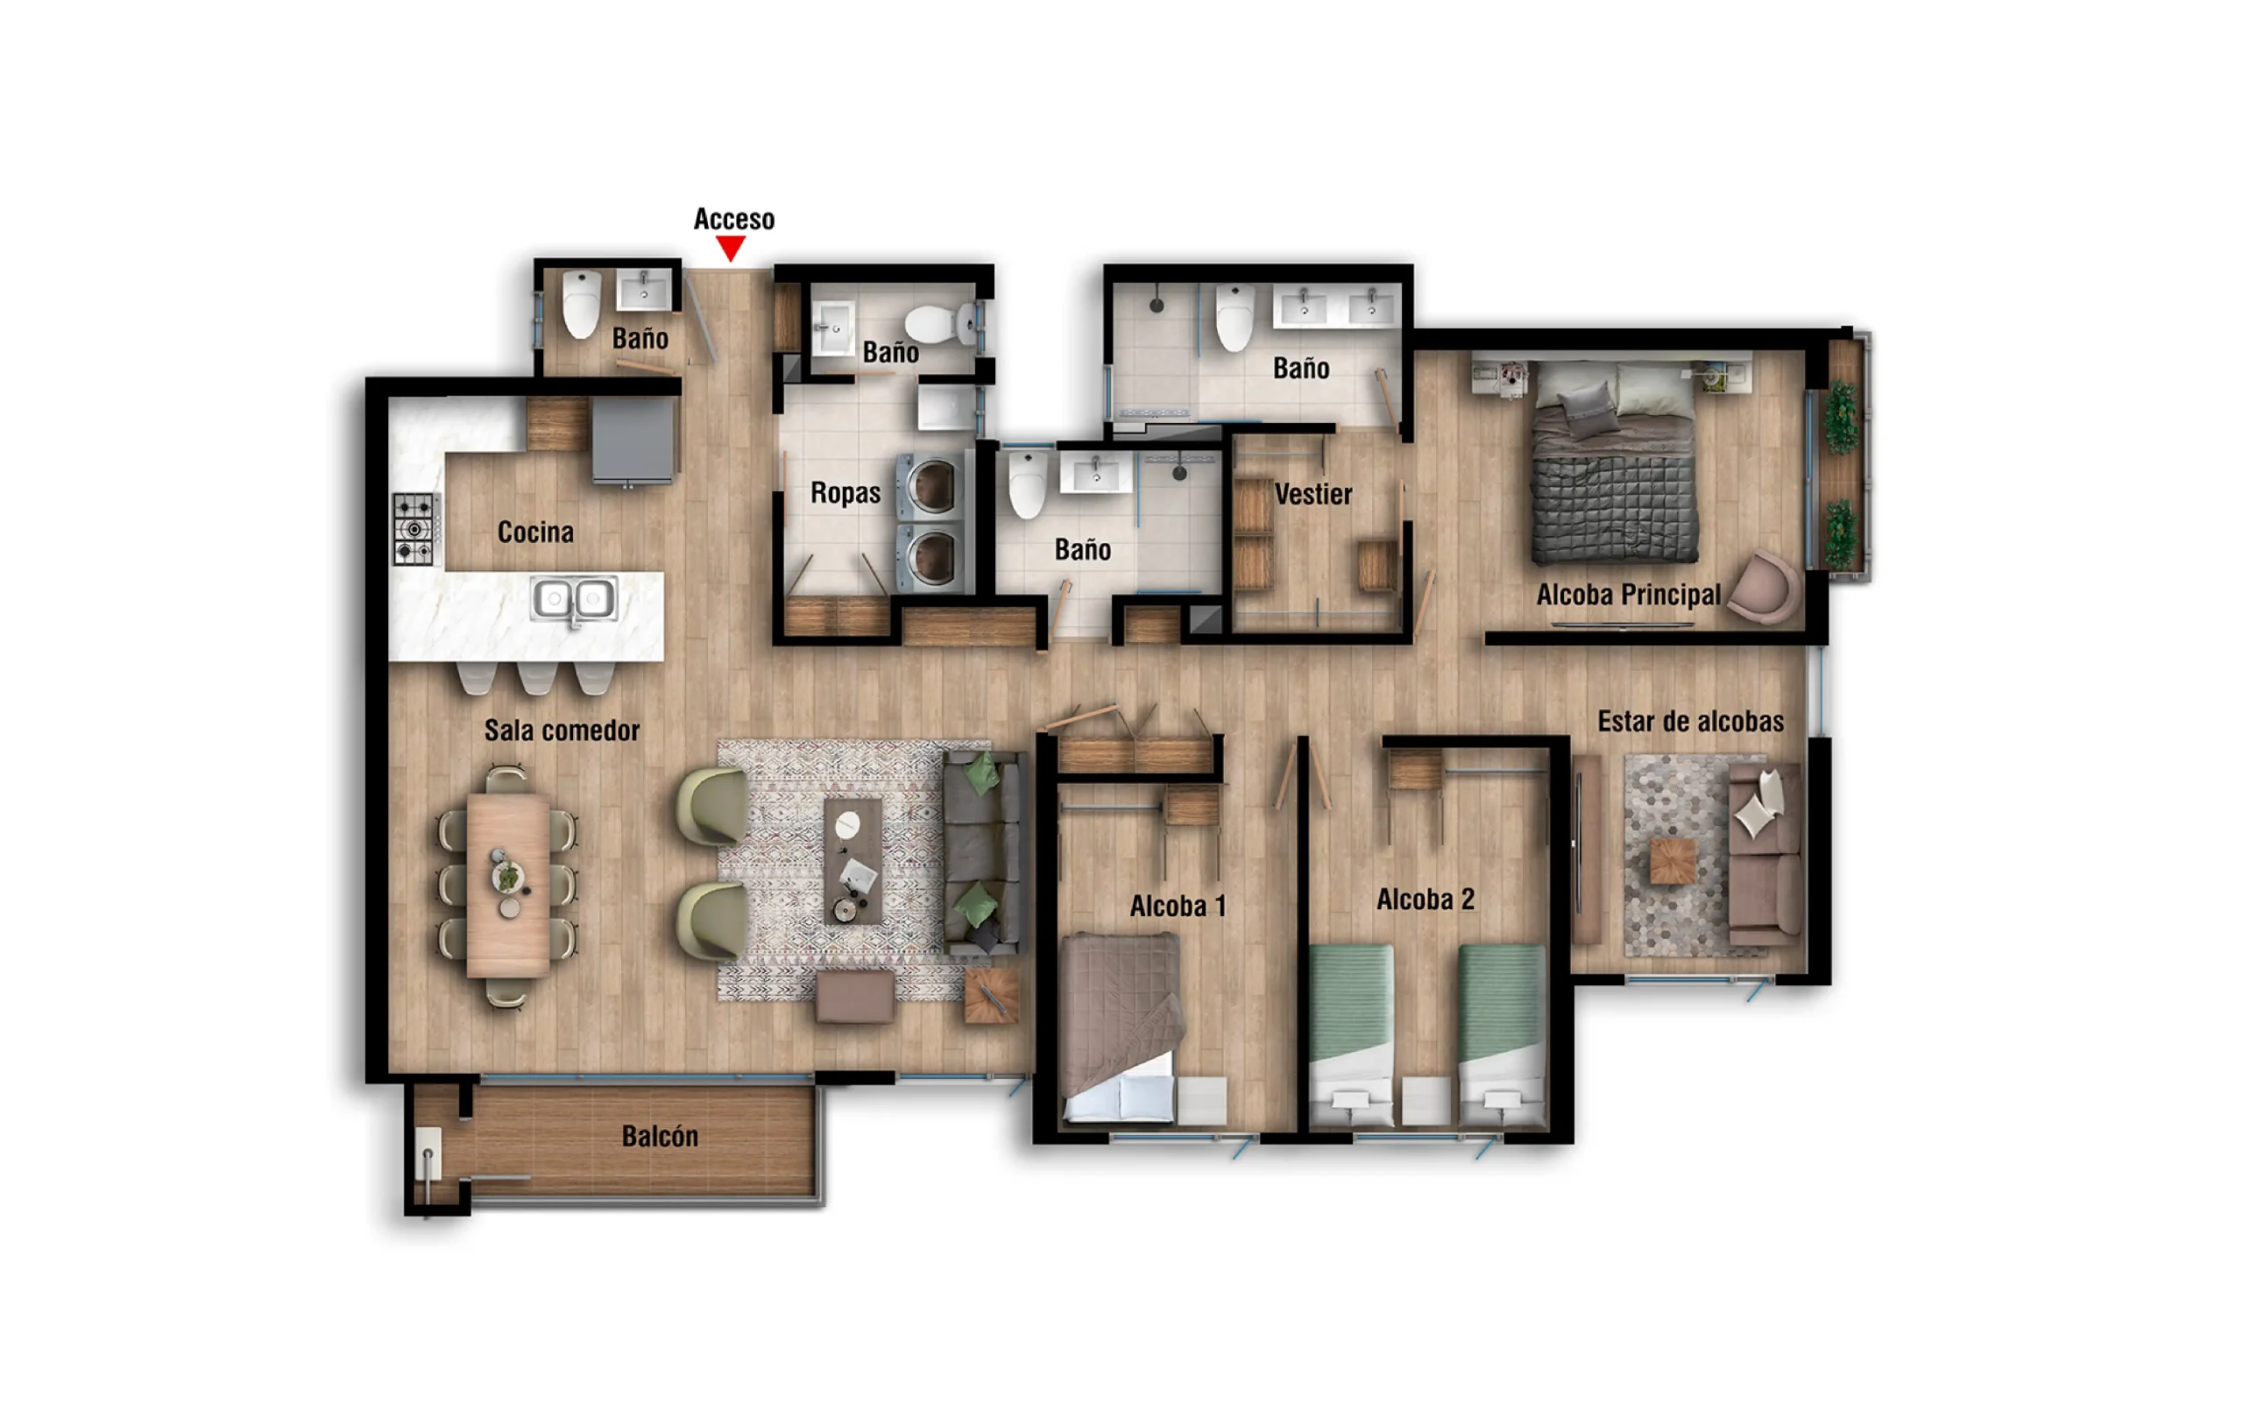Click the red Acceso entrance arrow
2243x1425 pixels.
click(x=730, y=248)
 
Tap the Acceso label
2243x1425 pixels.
click(x=734, y=220)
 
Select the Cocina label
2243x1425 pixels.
click(x=535, y=532)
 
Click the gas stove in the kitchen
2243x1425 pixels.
click(x=414, y=528)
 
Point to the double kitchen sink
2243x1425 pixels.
click(x=574, y=599)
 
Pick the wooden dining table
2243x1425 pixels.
click(x=507, y=884)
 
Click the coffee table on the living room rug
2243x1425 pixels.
click(x=853, y=861)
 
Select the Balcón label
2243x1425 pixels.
click(x=660, y=1136)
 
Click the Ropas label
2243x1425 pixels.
click(x=845, y=493)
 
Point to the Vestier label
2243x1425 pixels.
click(x=1313, y=494)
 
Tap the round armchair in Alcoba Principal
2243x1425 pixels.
click(x=1765, y=588)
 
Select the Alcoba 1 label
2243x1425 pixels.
click(x=1178, y=906)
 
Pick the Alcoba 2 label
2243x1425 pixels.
click(x=1426, y=899)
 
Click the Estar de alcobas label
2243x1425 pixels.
click(x=1691, y=722)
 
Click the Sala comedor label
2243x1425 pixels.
click(x=562, y=730)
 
